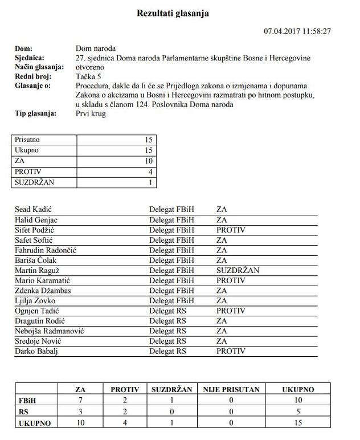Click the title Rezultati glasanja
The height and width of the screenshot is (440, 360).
(173, 13)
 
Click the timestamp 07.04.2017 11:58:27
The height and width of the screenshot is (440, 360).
(297, 31)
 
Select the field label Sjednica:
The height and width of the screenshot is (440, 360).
(29, 58)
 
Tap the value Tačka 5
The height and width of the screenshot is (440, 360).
(89, 76)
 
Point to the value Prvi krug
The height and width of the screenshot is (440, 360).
(91, 113)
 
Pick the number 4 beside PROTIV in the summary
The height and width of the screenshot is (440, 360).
(150, 172)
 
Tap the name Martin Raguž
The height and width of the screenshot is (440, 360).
(38, 270)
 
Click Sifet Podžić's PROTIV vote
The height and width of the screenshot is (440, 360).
(231, 230)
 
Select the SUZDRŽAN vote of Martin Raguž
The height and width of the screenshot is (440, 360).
(238, 270)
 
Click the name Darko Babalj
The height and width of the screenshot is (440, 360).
(36, 351)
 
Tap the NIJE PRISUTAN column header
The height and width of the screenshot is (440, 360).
(231, 390)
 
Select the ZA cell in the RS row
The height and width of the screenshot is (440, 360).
(80, 412)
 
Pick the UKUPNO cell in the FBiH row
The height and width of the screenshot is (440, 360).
(298, 401)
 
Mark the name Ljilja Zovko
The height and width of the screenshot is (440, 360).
(36, 300)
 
